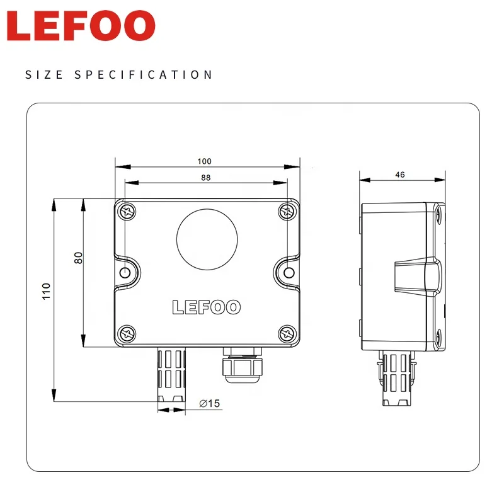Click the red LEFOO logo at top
81,26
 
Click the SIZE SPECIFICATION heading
119,75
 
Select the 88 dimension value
206,178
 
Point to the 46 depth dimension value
400,175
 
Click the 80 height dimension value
79,258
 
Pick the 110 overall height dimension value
46,291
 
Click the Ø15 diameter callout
209,404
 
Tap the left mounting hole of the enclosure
126,272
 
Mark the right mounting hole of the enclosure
289,272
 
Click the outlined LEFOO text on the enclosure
207,307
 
